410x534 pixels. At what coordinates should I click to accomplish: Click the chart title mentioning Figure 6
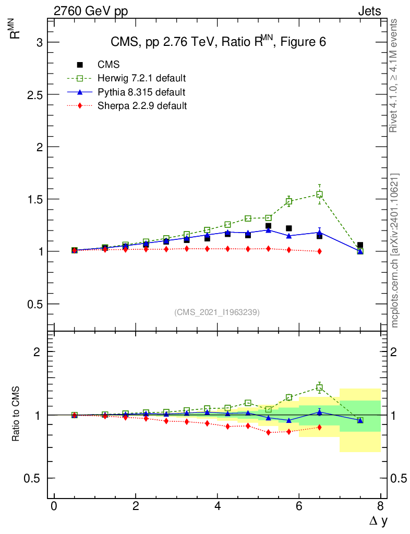[x=218, y=42]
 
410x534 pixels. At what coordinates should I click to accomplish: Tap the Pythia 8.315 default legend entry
[x=141, y=92]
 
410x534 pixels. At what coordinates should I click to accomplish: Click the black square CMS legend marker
[x=80, y=65]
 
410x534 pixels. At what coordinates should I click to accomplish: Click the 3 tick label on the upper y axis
[x=39, y=42]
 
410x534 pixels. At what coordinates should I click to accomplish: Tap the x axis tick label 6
[x=299, y=506]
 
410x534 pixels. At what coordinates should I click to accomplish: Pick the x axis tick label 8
[x=380, y=506]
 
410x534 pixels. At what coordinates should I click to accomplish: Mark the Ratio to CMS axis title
[x=16, y=414]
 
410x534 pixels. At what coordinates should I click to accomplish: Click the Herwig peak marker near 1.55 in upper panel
[x=319, y=195]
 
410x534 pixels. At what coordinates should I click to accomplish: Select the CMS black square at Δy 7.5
[x=360, y=245]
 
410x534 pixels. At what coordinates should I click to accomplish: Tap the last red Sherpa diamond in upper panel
[x=319, y=251]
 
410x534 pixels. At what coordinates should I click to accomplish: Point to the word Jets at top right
[x=369, y=11]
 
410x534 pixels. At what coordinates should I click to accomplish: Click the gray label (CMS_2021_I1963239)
[x=217, y=312]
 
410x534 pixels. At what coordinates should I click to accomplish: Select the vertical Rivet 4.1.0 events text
[x=394, y=76]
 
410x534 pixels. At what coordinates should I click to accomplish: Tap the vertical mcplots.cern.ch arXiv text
[x=395, y=250]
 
